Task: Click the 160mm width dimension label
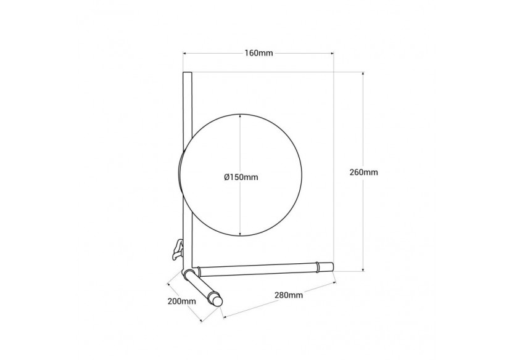pos(258,53)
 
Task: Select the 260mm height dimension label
pos(364,172)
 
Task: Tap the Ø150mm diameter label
pos(241,177)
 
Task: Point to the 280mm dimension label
pos(289,295)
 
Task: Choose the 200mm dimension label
pos(182,301)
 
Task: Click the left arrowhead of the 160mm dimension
pos(185,53)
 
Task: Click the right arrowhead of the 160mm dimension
pos(332,53)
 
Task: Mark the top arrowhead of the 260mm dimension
pos(363,74)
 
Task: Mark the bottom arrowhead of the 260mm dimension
pos(363,269)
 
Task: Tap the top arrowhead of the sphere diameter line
pos(241,116)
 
